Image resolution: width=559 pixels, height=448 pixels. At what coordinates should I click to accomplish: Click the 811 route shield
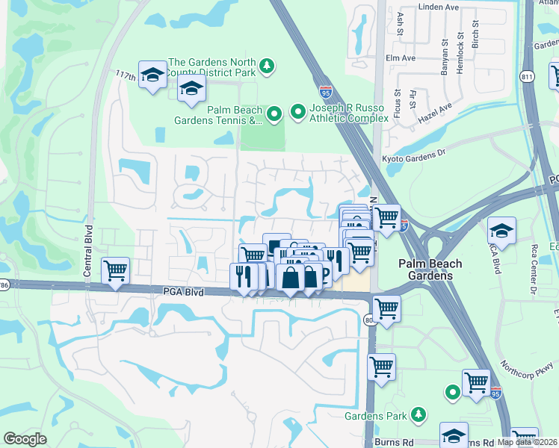[528, 76]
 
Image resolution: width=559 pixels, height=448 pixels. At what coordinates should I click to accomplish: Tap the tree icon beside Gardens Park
[419, 414]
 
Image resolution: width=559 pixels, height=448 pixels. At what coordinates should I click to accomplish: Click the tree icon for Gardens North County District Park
[266, 67]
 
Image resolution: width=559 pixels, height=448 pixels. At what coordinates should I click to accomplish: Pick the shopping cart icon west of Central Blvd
[115, 270]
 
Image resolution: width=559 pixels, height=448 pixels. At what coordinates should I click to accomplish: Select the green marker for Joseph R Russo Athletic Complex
[297, 113]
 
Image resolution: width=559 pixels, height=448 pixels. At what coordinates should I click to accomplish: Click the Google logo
[25, 439]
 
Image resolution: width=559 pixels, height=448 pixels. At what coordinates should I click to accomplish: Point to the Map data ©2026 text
[528, 442]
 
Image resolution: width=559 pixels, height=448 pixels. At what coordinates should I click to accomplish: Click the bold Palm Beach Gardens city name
[430, 270]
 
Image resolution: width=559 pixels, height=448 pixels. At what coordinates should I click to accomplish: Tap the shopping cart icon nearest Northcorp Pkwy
[476, 382]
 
